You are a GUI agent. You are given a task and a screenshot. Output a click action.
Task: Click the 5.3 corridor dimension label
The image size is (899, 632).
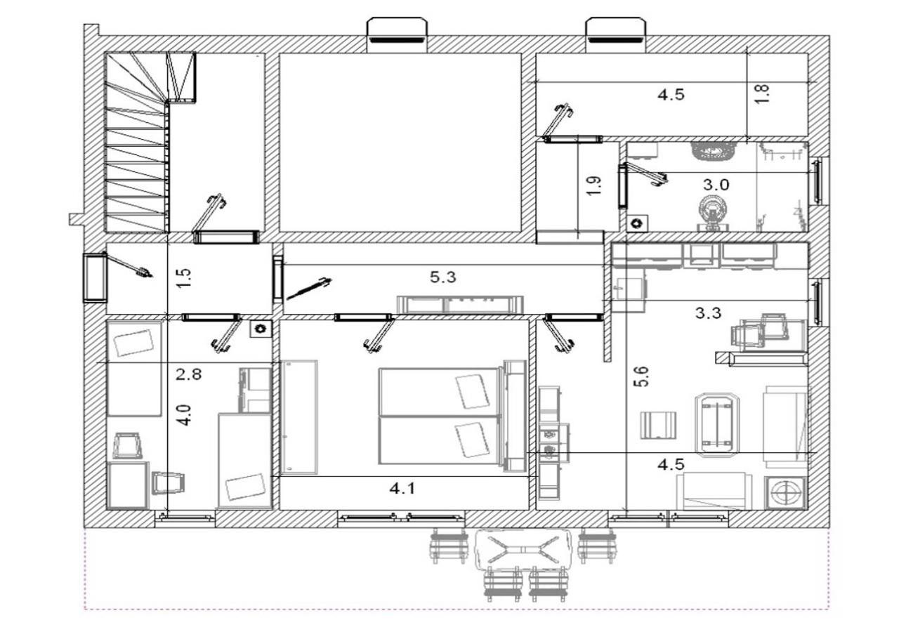point(442,277)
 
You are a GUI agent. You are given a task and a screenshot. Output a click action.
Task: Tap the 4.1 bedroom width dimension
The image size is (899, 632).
point(402,489)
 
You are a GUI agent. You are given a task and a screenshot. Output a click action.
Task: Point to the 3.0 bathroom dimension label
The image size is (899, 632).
point(716,185)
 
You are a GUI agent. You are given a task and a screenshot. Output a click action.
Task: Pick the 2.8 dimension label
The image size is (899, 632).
point(189,375)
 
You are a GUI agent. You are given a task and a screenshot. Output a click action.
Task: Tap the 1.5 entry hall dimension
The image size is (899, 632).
point(184,278)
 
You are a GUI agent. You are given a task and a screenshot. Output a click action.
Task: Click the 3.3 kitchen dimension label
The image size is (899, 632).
point(709,312)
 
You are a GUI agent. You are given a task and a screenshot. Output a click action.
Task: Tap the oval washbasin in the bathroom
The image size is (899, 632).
point(713,151)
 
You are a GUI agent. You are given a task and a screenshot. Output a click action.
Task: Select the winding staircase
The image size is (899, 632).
point(150,142)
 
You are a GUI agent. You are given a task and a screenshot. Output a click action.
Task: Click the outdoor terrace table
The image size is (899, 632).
point(523,549)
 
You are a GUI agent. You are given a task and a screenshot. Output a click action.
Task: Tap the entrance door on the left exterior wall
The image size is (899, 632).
point(96,277)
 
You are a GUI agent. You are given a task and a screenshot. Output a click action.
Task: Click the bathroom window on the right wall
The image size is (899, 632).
point(816,181)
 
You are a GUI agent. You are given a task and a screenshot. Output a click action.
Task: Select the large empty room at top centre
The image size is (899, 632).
point(400,143)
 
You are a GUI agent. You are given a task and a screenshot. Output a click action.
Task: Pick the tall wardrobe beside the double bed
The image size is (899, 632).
point(299,417)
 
